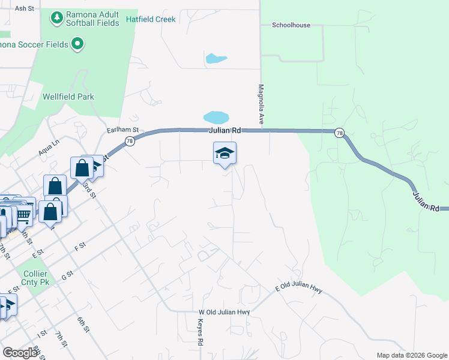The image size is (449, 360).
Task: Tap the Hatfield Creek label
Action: click(151, 19)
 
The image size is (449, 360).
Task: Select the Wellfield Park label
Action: click(68, 97)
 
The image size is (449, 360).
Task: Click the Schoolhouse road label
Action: click(291, 25)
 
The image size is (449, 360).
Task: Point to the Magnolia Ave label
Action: click(262, 104)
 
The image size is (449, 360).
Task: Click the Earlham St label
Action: click(122, 130)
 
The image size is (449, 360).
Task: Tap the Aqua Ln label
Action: click(49, 148)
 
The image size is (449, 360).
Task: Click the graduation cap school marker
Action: click(224, 154)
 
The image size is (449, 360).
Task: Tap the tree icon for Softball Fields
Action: click(57, 19)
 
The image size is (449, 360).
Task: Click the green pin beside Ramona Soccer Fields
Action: click(77, 43)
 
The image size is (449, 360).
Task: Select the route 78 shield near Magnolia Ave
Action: click(340, 133)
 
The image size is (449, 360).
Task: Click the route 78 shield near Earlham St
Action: click(130, 141)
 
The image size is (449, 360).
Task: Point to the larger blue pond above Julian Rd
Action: click(216, 116)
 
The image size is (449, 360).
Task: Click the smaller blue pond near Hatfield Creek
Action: click(215, 59)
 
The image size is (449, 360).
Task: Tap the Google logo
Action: click(20, 353)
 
